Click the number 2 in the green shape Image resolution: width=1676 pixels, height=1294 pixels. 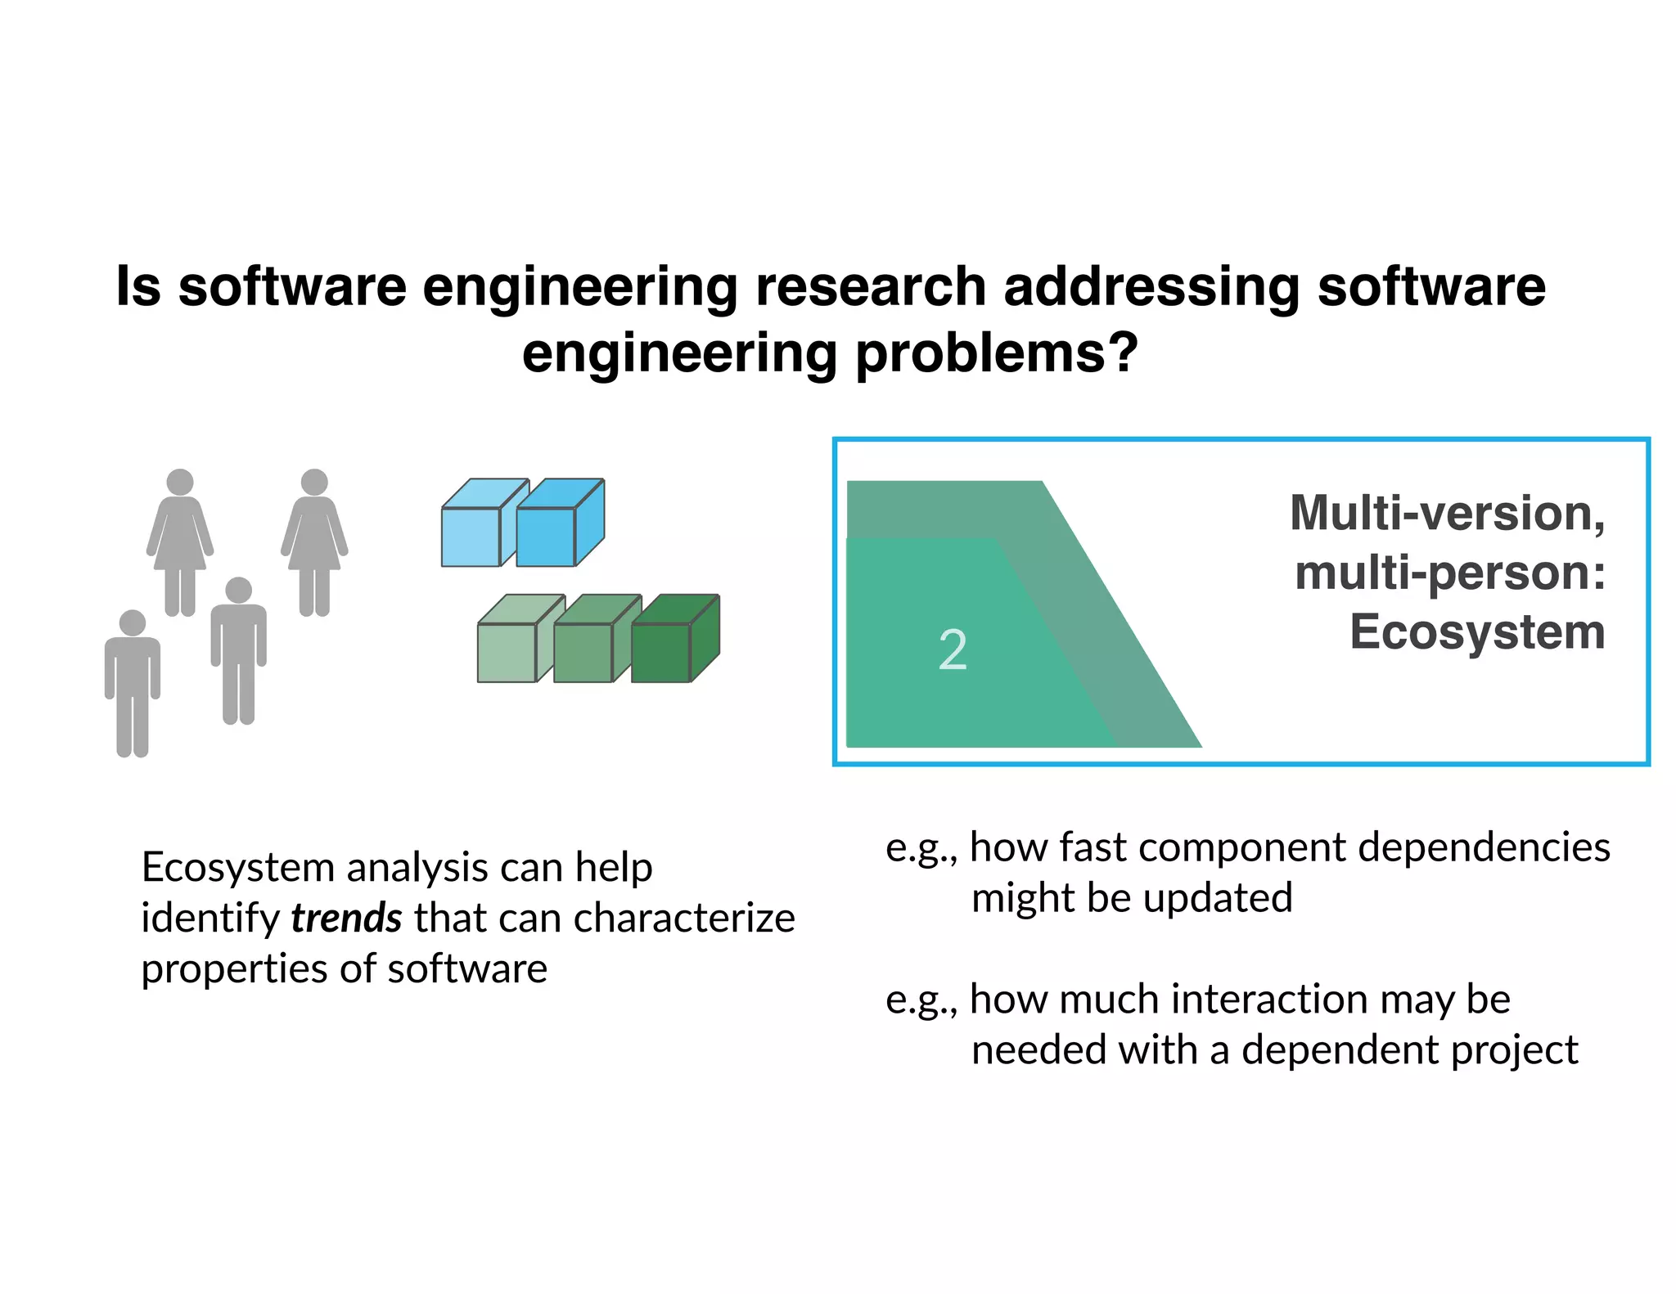click(953, 650)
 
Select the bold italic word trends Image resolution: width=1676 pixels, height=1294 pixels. click(346, 918)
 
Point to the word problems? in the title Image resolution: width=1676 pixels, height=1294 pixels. click(996, 353)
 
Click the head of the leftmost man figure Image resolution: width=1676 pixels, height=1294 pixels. click(133, 623)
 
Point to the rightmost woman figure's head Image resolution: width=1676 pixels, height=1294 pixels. click(314, 482)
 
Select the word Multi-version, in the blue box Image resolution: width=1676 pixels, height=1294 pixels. click(1447, 514)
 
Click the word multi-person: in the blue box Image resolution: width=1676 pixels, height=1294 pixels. click(1450, 573)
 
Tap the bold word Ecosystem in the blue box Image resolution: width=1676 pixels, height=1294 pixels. click(1477, 632)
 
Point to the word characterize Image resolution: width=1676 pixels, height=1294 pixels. click(684, 918)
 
